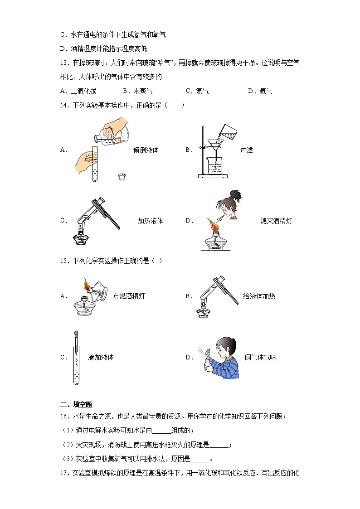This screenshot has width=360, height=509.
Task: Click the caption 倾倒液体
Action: point(146,150)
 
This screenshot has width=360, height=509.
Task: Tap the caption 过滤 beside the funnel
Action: point(246,150)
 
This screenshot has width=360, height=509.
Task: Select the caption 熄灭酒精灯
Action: point(276,221)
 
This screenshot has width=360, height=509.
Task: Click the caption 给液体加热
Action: point(259,296)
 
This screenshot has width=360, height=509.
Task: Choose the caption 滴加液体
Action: point(101,357)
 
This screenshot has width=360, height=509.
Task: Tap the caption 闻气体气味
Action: point(260,357)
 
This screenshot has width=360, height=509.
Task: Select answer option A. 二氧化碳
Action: point(78,92)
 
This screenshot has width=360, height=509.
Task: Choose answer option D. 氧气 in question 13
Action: point(260,92)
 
